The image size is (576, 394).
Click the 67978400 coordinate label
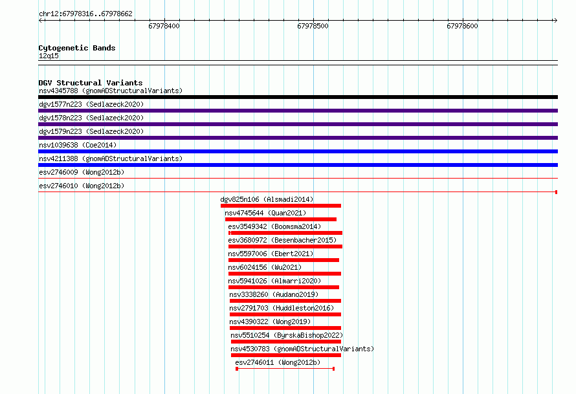tap(164, 26)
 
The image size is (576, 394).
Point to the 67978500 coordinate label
tap(313, 26)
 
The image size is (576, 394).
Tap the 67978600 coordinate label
tap(462, 26)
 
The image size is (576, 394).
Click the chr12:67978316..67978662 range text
tap(85, 14)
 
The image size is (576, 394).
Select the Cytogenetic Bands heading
tap(77, 48)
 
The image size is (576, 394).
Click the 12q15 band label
tap(49, 56)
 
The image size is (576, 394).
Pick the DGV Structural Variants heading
tap(91, 83)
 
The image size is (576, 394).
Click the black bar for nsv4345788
tap(298, 97)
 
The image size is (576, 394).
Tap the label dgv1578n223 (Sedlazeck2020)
tap(91, 118)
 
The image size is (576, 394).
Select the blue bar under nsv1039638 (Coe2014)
tap(298, 151)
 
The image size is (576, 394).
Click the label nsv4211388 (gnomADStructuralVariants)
tap(111, 159)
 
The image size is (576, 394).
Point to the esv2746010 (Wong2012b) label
tap(82, 186)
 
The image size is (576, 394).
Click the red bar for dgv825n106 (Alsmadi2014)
tap(281, 206)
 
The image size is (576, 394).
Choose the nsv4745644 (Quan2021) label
tap(265, 213)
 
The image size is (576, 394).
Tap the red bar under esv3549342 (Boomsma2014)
tap(285, 233)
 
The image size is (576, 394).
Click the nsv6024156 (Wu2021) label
tap(265, 267)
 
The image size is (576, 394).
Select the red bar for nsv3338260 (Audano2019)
tap(285, 301)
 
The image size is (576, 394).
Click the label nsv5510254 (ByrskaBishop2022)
tap(287, 335)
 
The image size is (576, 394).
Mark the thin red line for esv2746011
tap(285, 369)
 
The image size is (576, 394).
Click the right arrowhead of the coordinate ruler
tap(555, 20)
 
